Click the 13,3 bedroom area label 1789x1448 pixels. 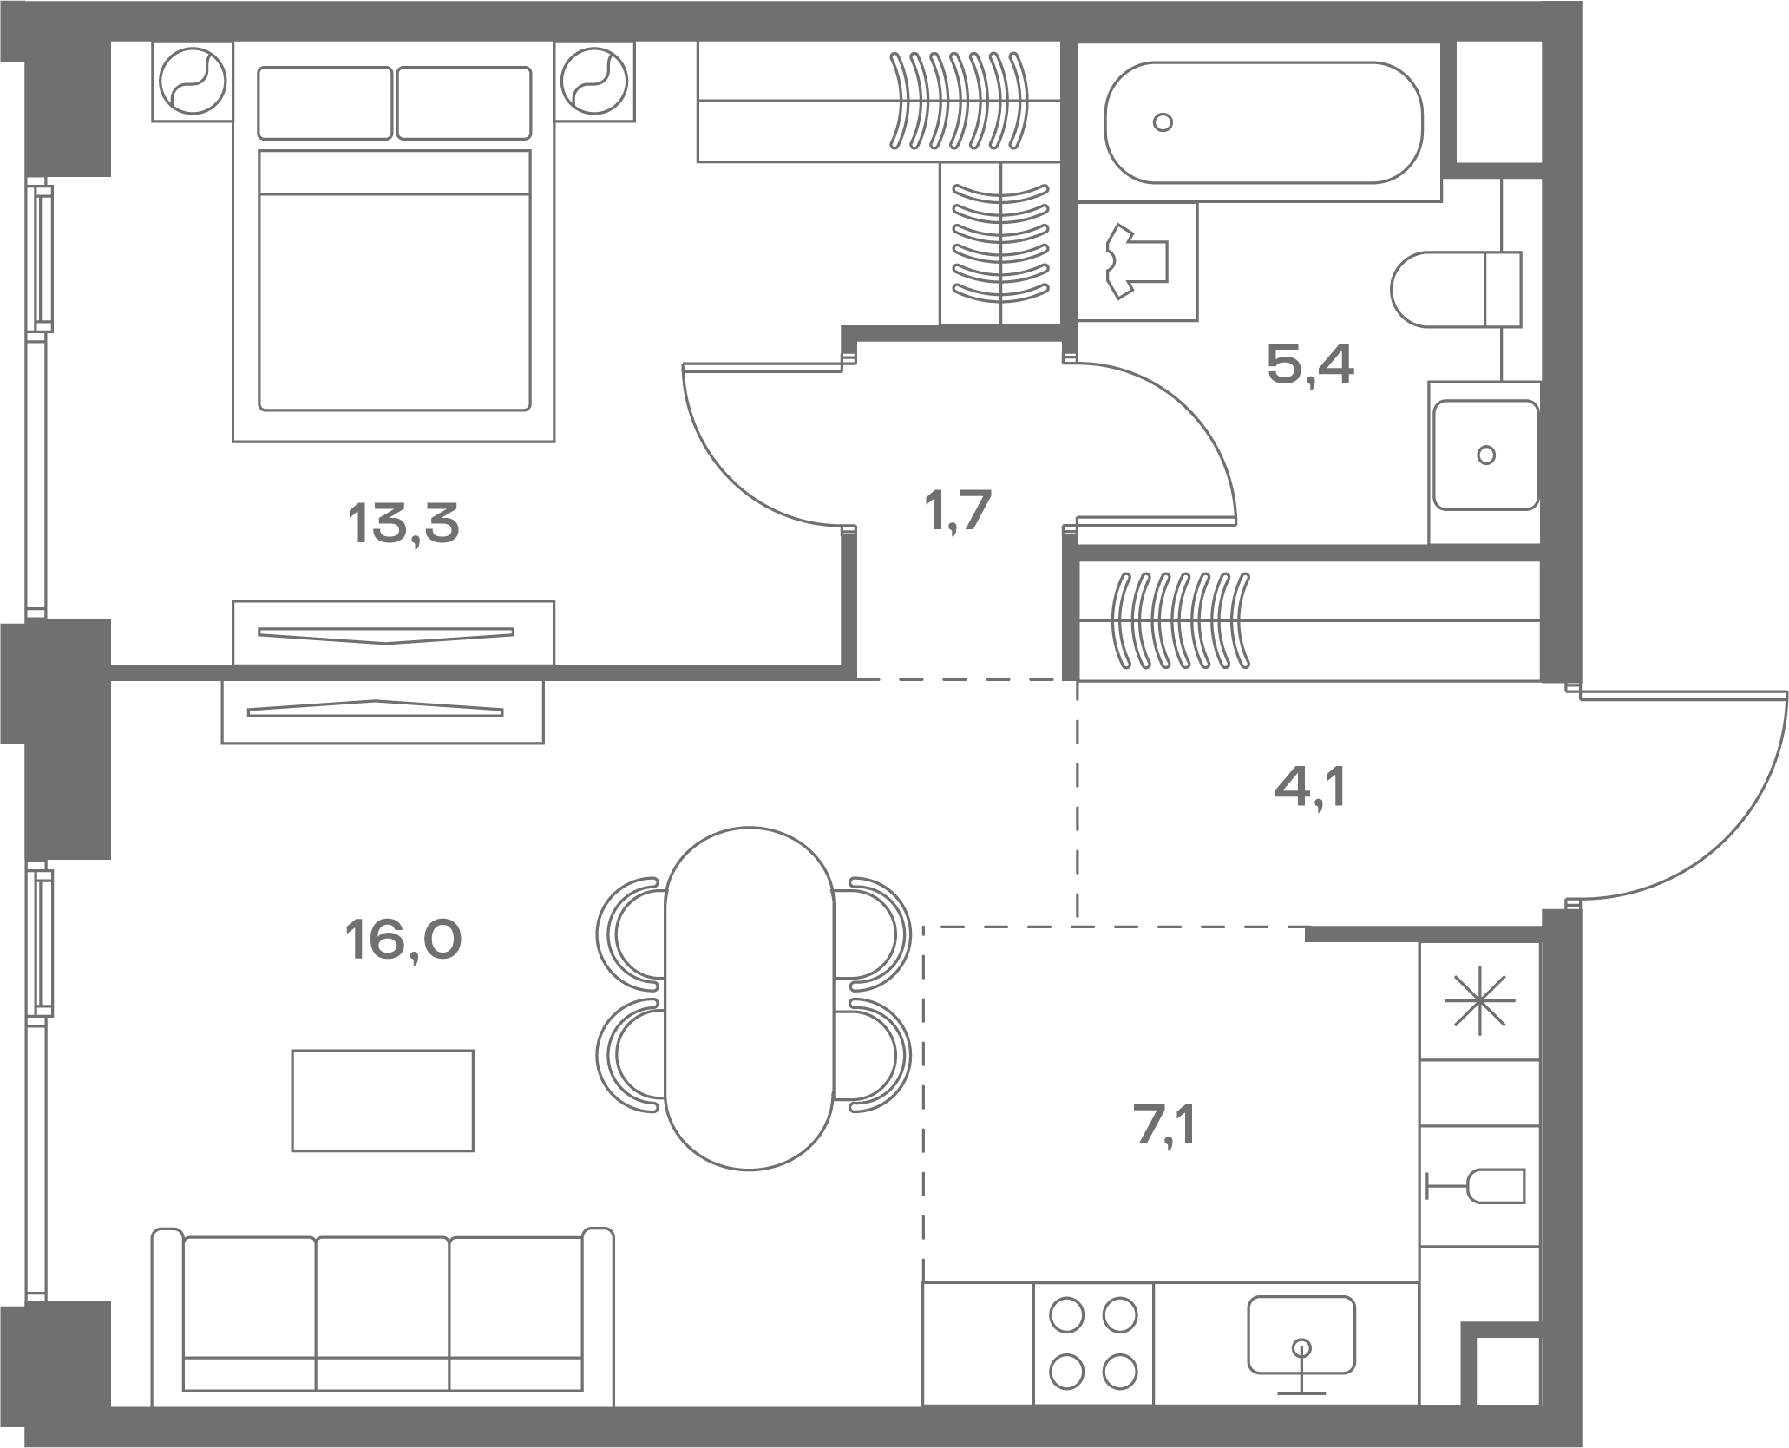(403, 524)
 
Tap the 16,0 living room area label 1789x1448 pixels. (403, 940)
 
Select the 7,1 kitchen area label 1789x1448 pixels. (1166, 1129)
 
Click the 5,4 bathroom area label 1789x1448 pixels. (1310, 364)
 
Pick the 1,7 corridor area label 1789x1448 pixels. (959, 510)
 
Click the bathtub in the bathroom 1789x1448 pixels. (1263, 122)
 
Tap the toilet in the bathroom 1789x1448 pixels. (1456, 289)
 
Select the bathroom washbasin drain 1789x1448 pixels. (1486, 455)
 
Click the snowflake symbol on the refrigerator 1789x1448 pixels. (1479, 1000)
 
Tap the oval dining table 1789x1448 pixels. (750, 999)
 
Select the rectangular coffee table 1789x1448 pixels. (383, 1101)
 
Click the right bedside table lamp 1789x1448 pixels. (594, 82)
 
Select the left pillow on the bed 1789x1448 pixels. (325, 103)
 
